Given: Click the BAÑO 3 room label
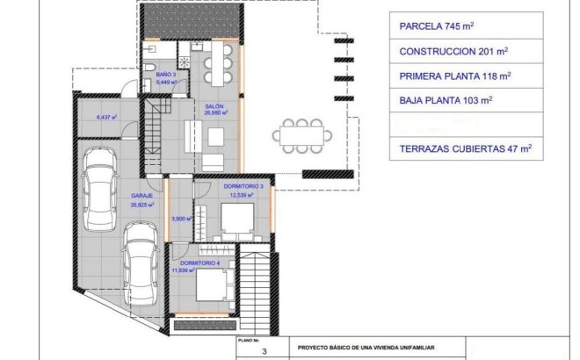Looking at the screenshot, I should pyautogui.click(x=166, y=76).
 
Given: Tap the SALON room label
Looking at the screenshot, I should pyautogui.click(x=215, y=106).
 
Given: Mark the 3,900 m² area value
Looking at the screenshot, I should pyautogui.click(x=182, y=218).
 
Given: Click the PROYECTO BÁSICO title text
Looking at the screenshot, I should pyautogui.click(x=366, y=349).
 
